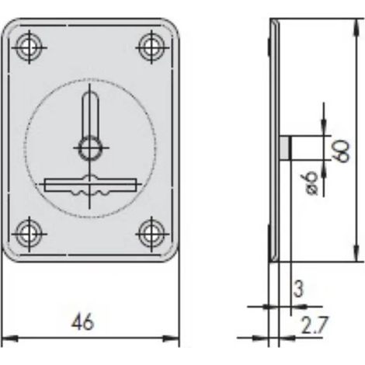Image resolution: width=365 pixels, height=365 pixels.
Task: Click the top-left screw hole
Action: point(29,47)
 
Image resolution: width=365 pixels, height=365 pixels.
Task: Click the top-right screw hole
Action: point(152,47)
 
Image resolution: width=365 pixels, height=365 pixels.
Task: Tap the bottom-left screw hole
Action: point(29,234)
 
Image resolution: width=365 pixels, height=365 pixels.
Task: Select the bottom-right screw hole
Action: point(152,234)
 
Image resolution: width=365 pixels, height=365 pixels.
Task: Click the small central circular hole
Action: point(89,148)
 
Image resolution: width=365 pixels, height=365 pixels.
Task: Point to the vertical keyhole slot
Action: point(90,114)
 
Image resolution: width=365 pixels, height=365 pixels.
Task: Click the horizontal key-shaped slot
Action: point(90,185)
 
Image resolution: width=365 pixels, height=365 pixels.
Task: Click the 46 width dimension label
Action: point(83,322)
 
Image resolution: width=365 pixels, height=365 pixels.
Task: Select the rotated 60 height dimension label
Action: point(342,151)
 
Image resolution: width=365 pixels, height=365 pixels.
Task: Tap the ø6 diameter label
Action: point(311,183)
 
